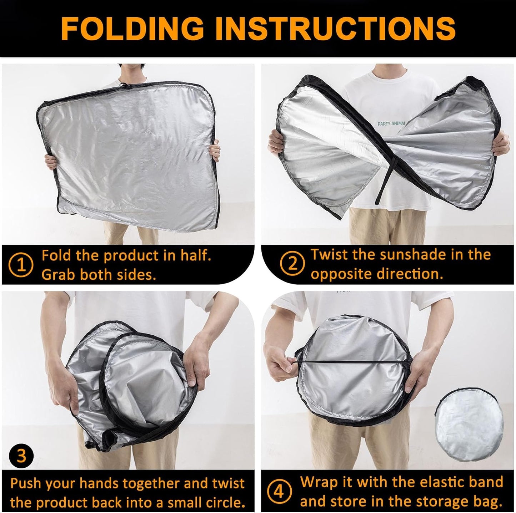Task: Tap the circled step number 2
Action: (x=292, y=264)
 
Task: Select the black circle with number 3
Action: (x=21, y=456)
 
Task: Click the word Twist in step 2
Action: (x=329, y=255)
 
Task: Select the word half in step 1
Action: (x=191, y=256)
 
